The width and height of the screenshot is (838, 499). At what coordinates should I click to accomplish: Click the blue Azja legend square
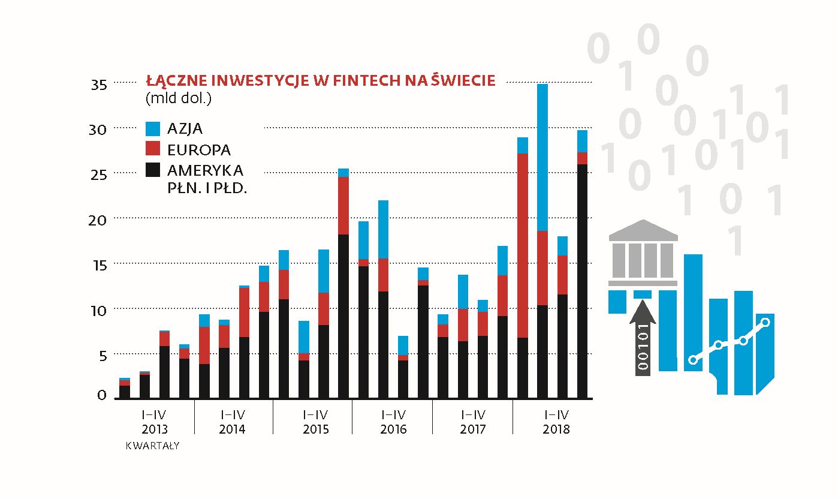coord(153,128)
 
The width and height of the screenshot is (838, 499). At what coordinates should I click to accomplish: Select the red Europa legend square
coord(153,149)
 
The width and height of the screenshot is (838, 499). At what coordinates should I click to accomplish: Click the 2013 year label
coord(155,429)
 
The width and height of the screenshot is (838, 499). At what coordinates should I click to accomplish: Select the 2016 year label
coord(393,429)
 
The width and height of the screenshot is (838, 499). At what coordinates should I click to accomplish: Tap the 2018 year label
coord(556,429)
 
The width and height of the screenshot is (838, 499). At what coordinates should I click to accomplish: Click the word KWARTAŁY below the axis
coord(152,446)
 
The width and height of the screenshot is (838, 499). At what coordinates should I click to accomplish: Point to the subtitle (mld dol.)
coord(179,97)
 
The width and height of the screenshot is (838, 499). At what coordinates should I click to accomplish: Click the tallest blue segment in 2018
coord(542,157)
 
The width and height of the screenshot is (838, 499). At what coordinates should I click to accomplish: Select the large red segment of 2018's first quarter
coord(523,245)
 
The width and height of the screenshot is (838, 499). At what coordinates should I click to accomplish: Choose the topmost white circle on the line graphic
coord(765,322)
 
